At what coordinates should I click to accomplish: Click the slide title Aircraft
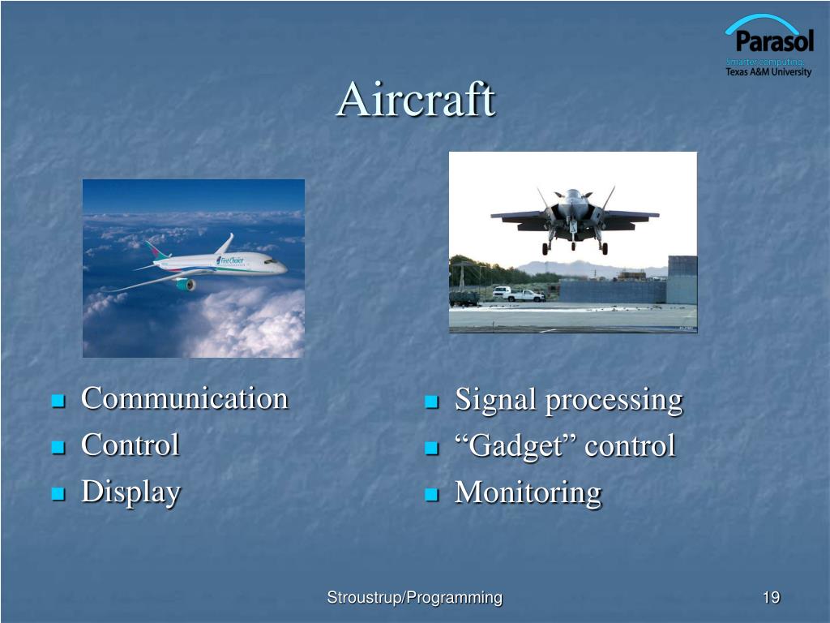point(416,99)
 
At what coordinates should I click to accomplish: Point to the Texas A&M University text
point(768,72)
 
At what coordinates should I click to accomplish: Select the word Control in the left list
point(130,445)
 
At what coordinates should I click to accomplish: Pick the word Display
point(130,492)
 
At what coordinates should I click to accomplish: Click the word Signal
point(495,400)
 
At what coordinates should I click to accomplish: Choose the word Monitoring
point(528,493)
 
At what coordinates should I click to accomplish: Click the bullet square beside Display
point(58,494)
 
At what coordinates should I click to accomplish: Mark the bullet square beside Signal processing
point(432,402)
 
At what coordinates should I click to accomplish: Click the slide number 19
point(772,598)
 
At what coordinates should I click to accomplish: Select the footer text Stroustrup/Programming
point(414,598)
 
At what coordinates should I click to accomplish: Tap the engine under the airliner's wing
point(186,285)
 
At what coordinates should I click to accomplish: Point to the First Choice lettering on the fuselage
point(229,260)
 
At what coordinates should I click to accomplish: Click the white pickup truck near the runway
point(524,295)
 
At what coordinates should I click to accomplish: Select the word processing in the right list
point(614,401)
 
